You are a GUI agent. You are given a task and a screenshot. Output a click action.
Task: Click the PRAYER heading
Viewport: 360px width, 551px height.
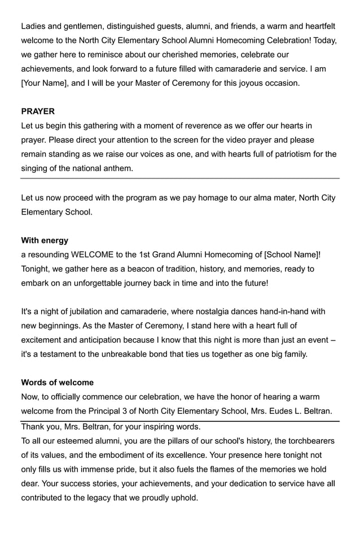(38, 112)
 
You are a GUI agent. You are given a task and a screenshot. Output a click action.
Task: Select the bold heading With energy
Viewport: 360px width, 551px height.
(45, 240)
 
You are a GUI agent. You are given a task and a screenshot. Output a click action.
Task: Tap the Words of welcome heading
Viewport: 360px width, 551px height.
(57, 383)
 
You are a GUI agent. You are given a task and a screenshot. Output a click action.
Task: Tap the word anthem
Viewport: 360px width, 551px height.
(118, 168)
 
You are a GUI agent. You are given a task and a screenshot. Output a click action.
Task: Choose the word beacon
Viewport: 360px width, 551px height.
(148, 269)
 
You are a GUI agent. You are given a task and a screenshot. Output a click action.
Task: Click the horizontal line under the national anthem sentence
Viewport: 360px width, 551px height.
(180, 178)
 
